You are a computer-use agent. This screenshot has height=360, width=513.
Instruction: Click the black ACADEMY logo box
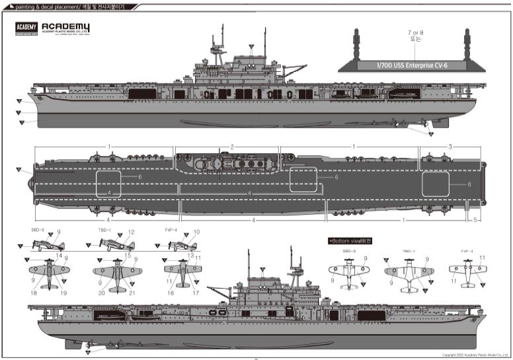25,27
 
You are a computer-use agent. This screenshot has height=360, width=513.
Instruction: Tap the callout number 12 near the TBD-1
132,232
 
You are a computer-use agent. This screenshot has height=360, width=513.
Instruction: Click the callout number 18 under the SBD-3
33,292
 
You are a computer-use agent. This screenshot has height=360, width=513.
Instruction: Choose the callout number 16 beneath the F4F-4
171,292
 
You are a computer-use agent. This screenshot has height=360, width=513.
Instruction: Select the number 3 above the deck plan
450,146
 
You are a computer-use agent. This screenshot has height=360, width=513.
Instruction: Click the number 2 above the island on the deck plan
233,146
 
